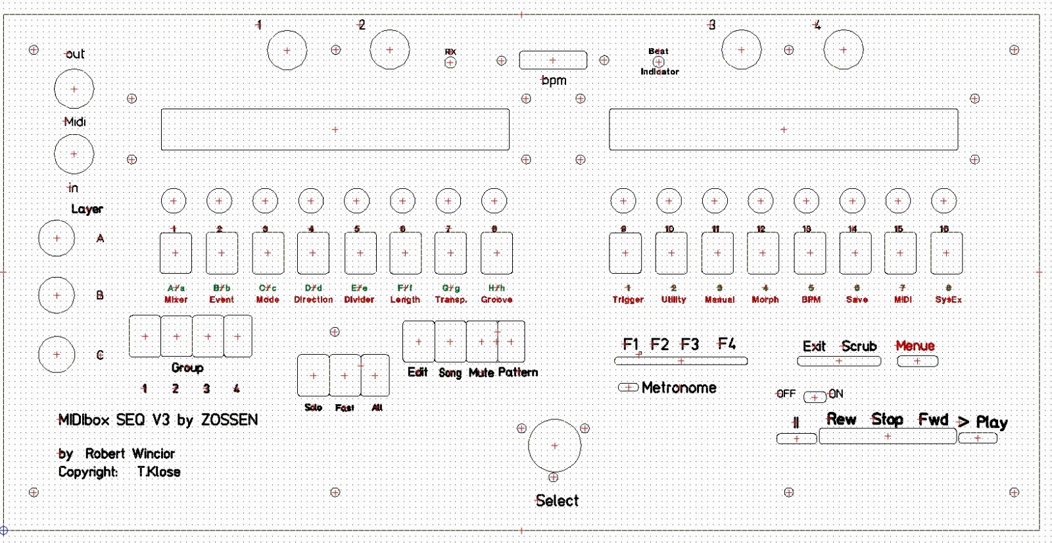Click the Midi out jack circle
click(74, 89)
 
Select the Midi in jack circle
click(74, 154)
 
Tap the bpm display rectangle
click(553, 60)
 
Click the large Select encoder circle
click(554, 446)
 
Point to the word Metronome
click(679, 388)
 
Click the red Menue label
click(915, 346)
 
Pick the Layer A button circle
click(57, 238)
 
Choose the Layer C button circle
click(57, 354)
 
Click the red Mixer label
click(176, 299)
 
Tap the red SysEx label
click(948, 299)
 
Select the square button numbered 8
click(496, 253)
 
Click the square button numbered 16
click(946, 253)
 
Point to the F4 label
click(727, 344)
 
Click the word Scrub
click(859, 346)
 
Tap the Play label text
click(992, 422)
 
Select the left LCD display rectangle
click(335, 130)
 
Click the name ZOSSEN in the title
click(229, 420)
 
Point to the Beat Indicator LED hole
click(658, 62)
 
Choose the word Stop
click(887, 419)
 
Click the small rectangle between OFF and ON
click(815, 397)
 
